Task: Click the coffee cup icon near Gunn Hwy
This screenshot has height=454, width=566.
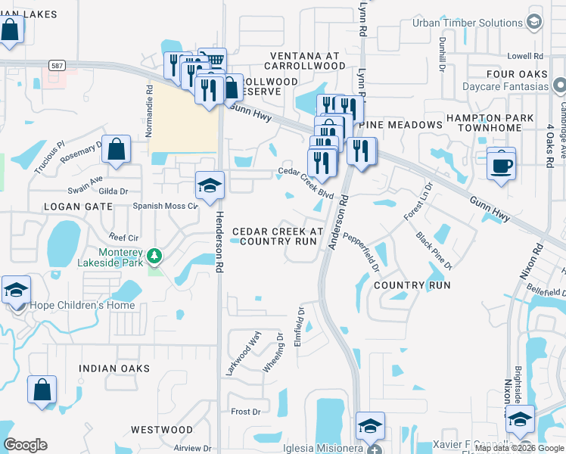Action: tap(501, 164)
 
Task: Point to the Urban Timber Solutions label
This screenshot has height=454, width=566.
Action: tap(467, 23)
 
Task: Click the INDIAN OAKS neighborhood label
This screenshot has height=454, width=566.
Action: tap(114, 368)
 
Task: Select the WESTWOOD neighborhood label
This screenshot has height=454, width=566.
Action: tap(161, 430)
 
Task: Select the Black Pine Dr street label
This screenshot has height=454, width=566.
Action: tap(434, 250)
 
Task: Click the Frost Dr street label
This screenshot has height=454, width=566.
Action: tap(245, 412)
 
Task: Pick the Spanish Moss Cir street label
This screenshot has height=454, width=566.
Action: tap(165, 205)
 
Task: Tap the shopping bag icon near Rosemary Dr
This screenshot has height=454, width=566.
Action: tap(117, 150)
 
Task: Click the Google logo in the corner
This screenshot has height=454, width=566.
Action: tap(25, 444)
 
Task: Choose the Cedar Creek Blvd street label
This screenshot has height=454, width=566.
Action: tap(306, 182)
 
